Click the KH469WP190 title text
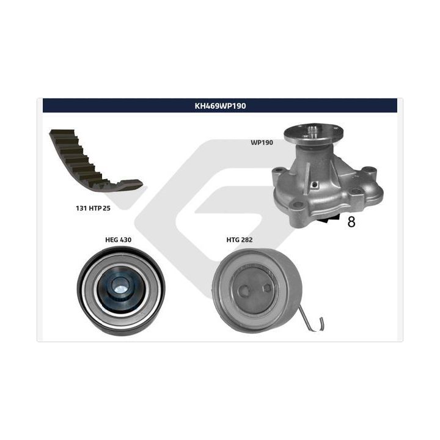pos(220,106)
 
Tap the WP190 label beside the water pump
pos(262,142)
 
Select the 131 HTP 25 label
pos(93,208)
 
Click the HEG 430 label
pos(118,240)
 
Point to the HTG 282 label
pos(240,240)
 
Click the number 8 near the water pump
pos(351,222)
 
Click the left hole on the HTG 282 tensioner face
pos(244,290)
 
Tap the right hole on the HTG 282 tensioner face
pos(267,287)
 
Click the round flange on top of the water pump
pos(313,133)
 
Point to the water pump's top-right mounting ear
pos(369,170)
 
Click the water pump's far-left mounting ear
pos(279,171)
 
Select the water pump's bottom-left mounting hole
pos(298,204)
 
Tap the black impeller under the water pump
pos(328,219)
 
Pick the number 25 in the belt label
pos(106,208)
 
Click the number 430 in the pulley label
pos(126,240)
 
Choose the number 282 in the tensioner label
pos(247,240)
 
